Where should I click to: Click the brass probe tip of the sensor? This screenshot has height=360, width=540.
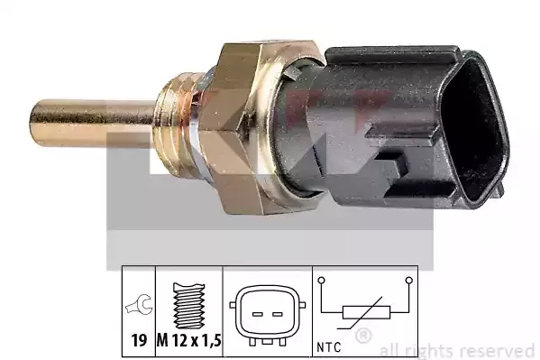tap(92, 123)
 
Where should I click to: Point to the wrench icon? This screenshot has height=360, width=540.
tap(139, 304)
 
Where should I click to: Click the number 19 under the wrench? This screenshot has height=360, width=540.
tap(139, 341)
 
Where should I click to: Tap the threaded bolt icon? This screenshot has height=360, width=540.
tap(189, 305)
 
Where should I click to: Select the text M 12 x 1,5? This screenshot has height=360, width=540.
tap(189, 341)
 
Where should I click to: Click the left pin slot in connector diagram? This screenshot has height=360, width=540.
tap(258, 315)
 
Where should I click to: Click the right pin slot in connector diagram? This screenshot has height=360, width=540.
tap(278, 315)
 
